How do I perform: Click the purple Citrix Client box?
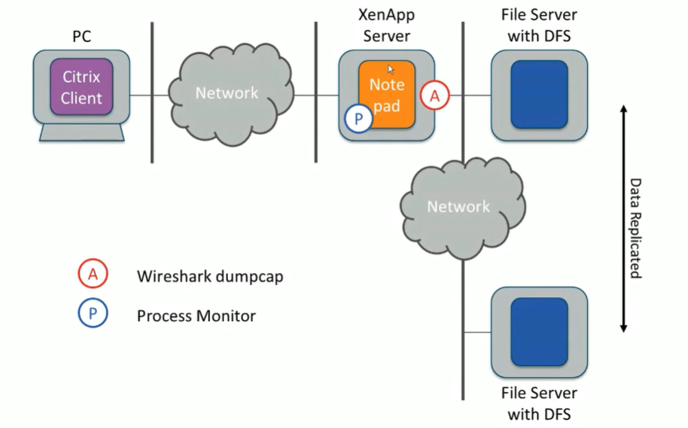[81, 88]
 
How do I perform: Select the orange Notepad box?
[387, 95]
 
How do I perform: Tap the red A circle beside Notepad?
[435, 96]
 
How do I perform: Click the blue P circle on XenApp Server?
[358, 118]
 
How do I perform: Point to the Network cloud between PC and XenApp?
[226, 93]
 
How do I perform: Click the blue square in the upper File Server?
[539, 95]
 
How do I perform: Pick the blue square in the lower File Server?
[539, 332]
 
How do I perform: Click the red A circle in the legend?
[93, 275]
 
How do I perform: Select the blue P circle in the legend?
[93, 315]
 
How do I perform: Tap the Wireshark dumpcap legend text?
[210, 276]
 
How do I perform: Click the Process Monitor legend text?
[196, 316]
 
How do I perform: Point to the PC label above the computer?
[82, 35]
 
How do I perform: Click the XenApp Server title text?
[385, 26]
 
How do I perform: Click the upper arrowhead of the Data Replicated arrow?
[623, 110]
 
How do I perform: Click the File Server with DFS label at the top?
[539, 26]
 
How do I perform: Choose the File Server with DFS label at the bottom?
[539, 403]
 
